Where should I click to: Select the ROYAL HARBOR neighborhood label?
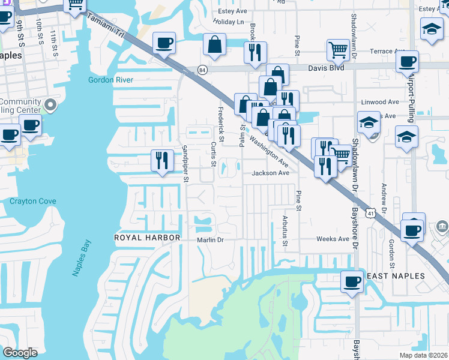[x=148, y=238]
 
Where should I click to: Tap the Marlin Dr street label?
[x=210, y=240]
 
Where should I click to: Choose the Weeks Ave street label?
[x=333, y=239]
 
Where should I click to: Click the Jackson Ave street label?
[x=271, y=173]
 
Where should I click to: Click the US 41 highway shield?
[x=372, y=213]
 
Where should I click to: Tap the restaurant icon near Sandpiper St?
[x=162, y=160]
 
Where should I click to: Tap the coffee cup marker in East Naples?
[x=352, y=280]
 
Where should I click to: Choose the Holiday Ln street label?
[x=228, y=22]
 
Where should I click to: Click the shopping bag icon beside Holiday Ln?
[x=215, y=44]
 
